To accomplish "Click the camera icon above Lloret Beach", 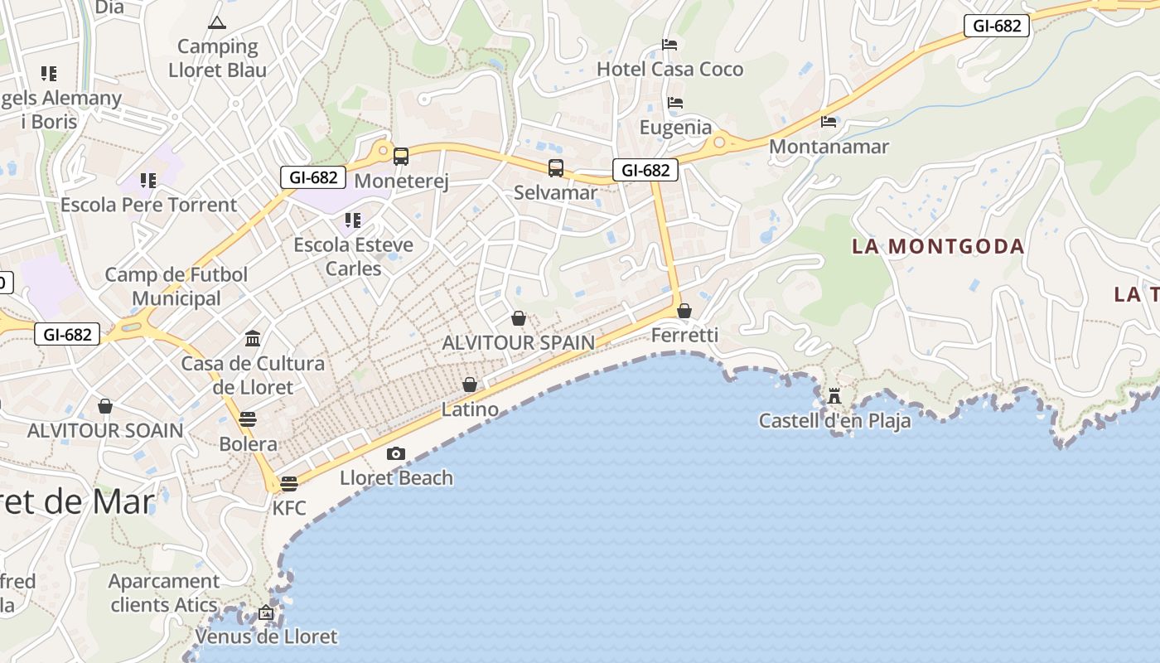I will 396,453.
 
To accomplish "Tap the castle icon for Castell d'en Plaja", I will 834,396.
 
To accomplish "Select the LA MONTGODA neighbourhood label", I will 939,246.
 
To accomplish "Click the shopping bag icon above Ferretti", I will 684,311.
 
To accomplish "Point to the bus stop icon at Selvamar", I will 556,168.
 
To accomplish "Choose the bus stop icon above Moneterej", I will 401,156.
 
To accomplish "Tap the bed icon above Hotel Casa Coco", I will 669,45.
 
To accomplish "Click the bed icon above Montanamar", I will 829,122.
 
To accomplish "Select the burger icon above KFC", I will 289,483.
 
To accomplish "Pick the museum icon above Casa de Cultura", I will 253,338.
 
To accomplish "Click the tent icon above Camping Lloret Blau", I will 217,22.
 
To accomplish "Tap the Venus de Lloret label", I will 266,636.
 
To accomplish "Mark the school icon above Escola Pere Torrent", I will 148,180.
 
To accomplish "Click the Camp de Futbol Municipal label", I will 176,286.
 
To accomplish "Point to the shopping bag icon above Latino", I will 470,385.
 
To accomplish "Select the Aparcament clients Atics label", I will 164,593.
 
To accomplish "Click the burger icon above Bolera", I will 248,419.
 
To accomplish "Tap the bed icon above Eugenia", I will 675,103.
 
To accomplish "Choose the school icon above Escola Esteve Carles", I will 353,220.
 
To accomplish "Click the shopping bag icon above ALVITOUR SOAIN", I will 105,406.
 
